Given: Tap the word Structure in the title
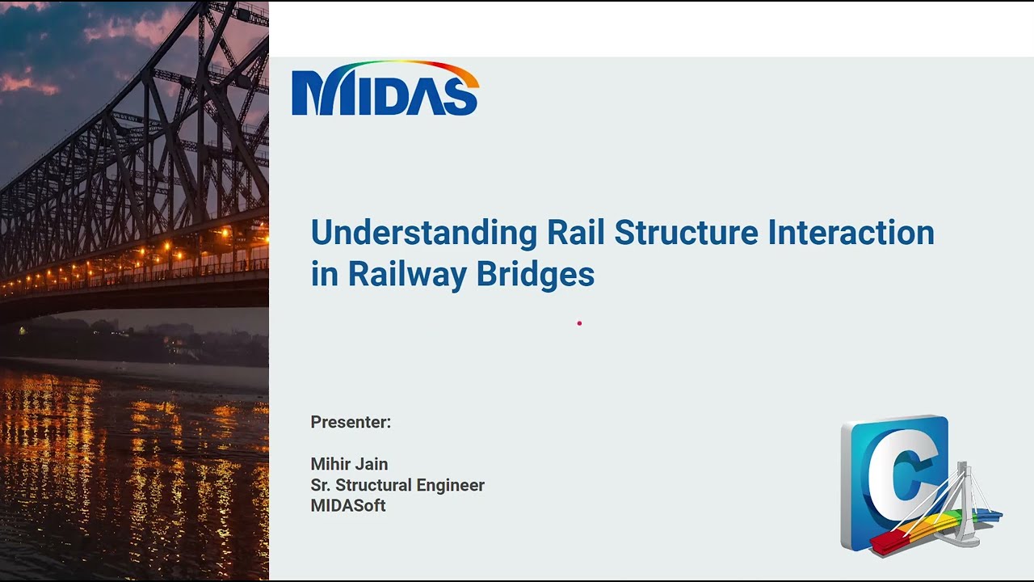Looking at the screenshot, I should (x=686, y=233).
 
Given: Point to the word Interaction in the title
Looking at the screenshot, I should (x=851, y=233).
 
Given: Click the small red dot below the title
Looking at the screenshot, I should (x=579, y=323).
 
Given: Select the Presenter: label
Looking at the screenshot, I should (x=351, y=422).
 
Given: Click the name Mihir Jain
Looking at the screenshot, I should (x=349, y=464).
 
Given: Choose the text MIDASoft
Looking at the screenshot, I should (x=348, y=506).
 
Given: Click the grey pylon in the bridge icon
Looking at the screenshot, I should (x=962, y=493).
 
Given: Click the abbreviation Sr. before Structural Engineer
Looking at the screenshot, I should (x=320, y=485).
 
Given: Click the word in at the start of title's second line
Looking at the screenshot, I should (x=324, y=275).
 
